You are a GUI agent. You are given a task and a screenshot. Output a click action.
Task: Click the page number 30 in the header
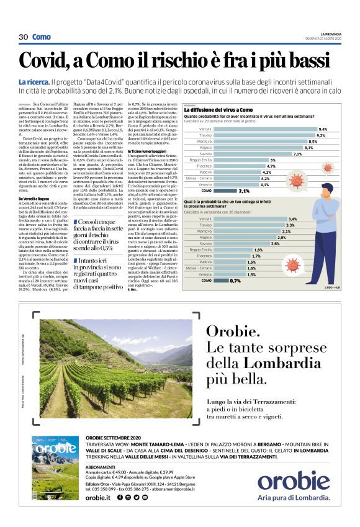click(x=24, y=37)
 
